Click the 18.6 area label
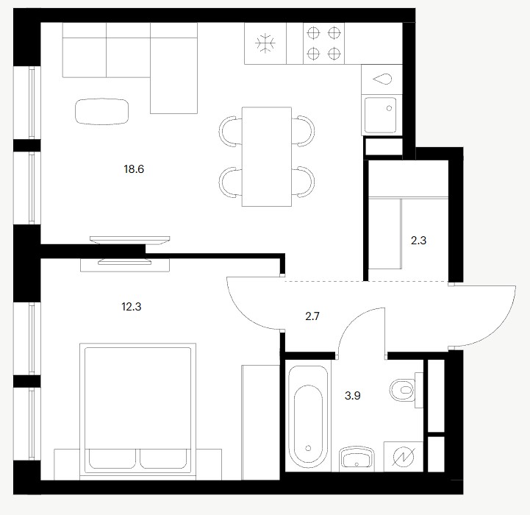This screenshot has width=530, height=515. [134, 169]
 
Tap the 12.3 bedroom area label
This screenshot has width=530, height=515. [131, 307]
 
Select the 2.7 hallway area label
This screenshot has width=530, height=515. [312, 316]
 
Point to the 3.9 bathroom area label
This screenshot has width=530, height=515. [353, 395]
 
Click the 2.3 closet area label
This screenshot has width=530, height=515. [418, 241]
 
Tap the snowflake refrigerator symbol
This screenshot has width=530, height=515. [265, 43]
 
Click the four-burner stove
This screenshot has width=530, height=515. [324, 43]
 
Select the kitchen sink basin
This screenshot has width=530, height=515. [380, 116]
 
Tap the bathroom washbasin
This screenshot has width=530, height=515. [357, 459]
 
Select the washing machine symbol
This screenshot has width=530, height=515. [404, 456]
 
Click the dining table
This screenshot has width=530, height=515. [267, 157]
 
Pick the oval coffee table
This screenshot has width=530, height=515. [101, 112]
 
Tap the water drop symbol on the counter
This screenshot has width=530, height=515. [382, 79]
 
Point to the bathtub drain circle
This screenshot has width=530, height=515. [308, 448]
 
